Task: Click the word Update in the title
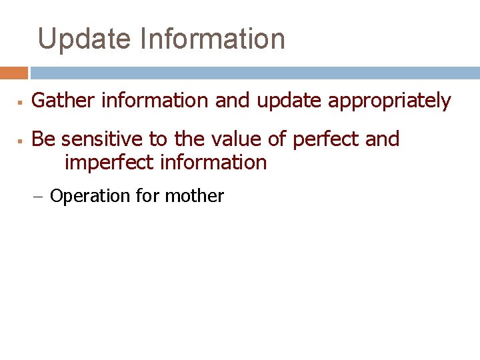pos(85,39)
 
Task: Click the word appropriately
pos(389,101)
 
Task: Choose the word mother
pos(194,196)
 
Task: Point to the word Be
pos(43,139)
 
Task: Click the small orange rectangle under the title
pos(13,73)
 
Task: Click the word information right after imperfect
pos(213,162)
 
